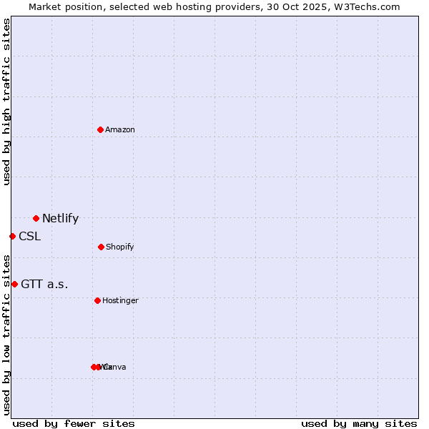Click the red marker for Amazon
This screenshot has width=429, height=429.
[101, 129]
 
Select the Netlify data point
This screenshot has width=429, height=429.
[36, 218]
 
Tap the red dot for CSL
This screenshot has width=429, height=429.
[12, 236]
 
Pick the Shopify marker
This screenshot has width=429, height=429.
[101, 247]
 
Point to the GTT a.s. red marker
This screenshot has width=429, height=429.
[14, 284]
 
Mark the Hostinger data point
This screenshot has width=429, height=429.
[97, 300]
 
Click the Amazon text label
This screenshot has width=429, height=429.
[120, 129]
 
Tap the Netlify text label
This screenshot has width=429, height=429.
[60, 219]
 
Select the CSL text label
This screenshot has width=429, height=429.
[29, 237]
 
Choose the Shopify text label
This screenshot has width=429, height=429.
[120, 247]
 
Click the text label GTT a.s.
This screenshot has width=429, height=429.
[44, 285]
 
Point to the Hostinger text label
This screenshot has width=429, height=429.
[120, 300]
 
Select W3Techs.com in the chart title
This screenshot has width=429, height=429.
[368, 6]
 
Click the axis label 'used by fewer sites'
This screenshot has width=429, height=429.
[74, 423]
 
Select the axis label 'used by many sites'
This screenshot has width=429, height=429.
[359, 423]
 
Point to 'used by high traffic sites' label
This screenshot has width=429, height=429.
[6, 102]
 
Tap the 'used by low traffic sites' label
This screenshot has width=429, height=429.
[6, 335]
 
